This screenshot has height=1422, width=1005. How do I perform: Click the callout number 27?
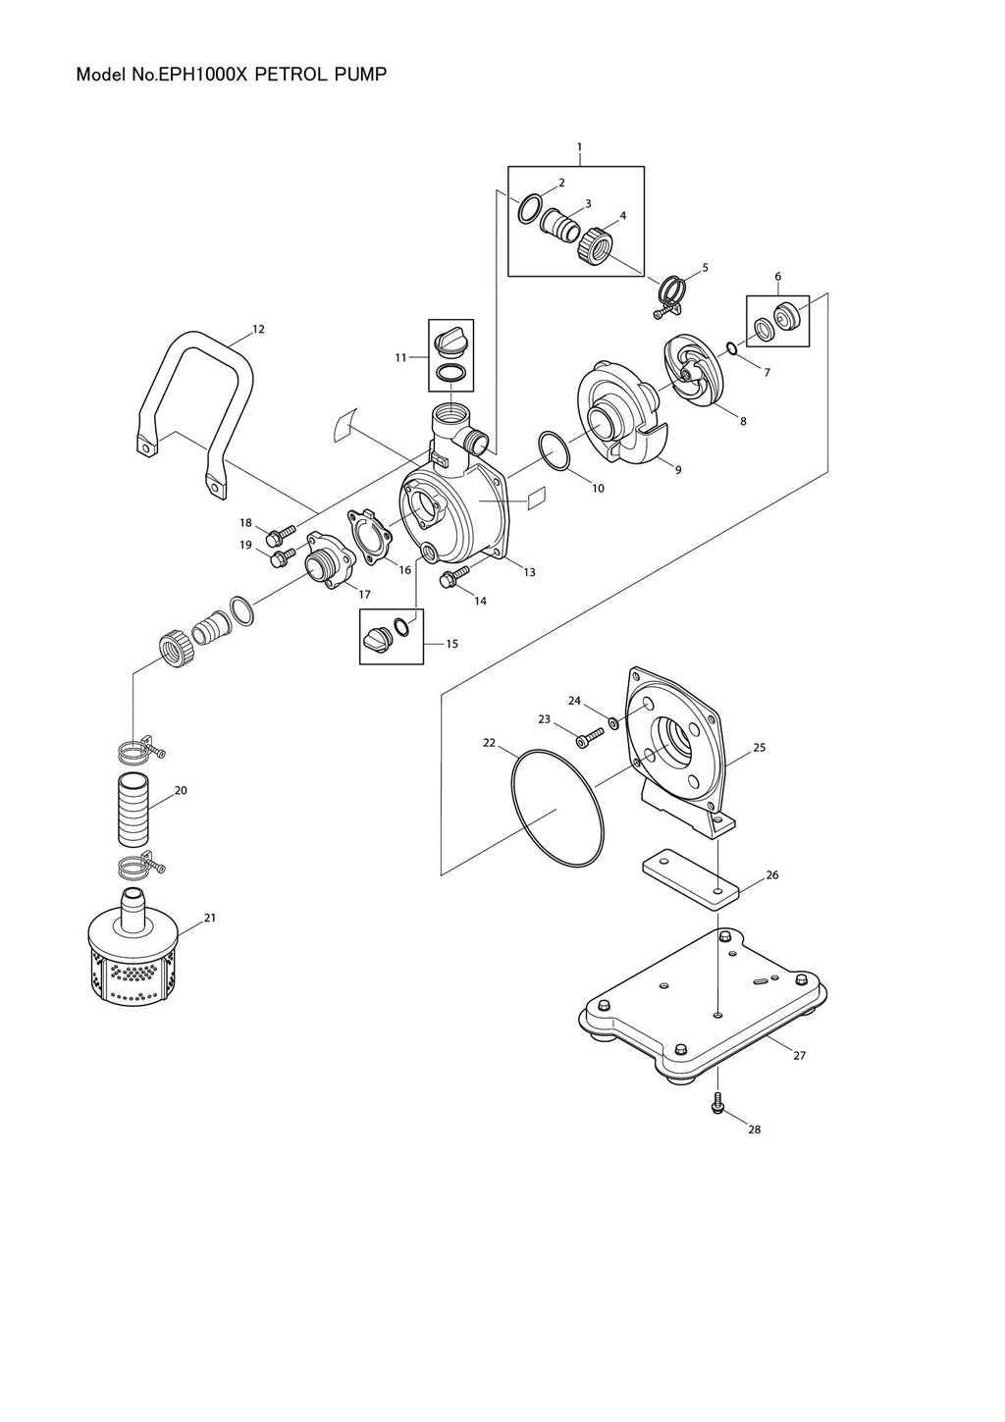[799, 1056]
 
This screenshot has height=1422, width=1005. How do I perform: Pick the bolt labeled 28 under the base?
[718, 1103]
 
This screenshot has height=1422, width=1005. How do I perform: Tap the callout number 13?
[530, 572]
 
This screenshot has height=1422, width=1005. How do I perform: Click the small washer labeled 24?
[613, 723]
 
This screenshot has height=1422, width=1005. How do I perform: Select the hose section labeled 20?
[132, 811]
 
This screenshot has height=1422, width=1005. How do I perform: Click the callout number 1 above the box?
[579, 147]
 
